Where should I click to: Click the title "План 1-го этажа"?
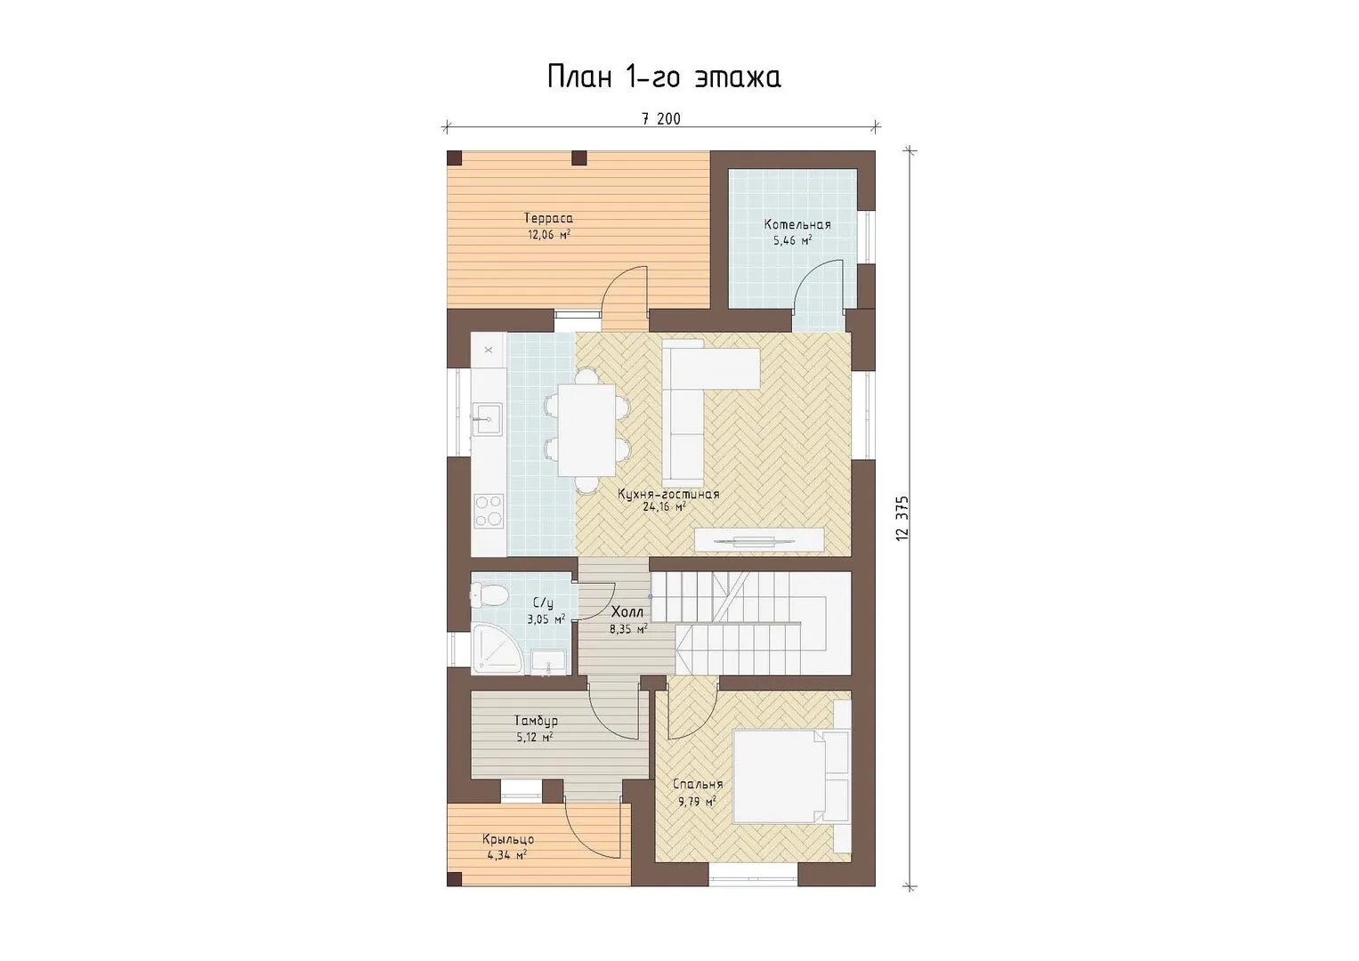pyautogui.click(x=664, y=77)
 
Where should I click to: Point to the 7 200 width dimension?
pyautogui.click(x=661, y=119)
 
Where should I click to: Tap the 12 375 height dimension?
pyautogui.click(x=902, y=518)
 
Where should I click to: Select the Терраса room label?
pyautogui.click(x=548, y=218)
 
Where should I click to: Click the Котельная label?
pyautogui.click(x=797, y=224)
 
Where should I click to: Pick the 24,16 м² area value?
pyautogui.click(x=664, y=506)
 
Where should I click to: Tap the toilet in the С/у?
pyautogui.click(x=489, y=594)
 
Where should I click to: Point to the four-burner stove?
pyautogui.click(x=489, y=511)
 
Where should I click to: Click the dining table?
pyautogui.click(x=586, y=430)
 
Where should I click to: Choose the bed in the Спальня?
pyautogui.click(x=791, y=776)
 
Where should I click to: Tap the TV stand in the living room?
pyautogui.click(x=759, y=540)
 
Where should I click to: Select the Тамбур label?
pyautogui.click(x=536, y=722)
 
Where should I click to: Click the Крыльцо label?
pyautogui.click(x=508, y=840)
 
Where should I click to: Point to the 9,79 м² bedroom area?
pyautogui.click(x=697, y=802)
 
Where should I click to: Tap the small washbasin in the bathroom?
pyautogui.click(x=549, y=662)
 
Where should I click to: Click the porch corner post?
pyautogui.click(x=455, y=879)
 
